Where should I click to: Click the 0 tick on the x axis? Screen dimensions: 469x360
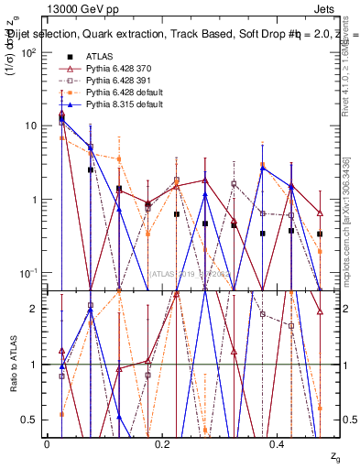click(47, 443)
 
